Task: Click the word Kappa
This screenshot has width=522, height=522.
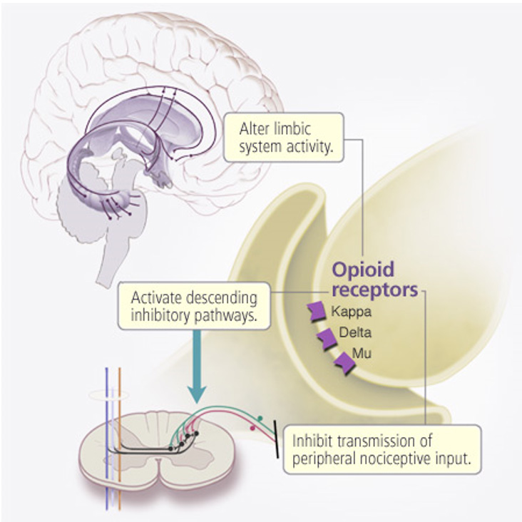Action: (349, 312)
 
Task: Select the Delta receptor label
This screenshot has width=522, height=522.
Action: (353, 332)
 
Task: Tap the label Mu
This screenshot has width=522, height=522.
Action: (362, 353)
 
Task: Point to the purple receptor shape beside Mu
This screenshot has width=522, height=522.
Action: (344, 362)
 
